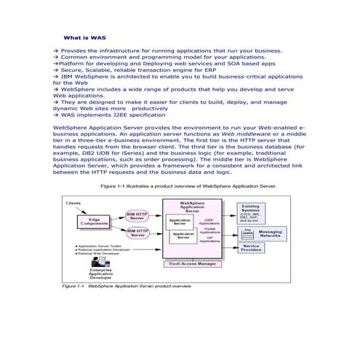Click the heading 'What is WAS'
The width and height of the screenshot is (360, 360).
[85, 36]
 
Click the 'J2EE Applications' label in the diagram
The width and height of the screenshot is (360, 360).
[209, 220]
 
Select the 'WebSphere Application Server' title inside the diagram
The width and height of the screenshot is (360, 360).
[191, 206]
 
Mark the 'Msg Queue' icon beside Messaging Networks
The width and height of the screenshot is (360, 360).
[247, 232]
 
